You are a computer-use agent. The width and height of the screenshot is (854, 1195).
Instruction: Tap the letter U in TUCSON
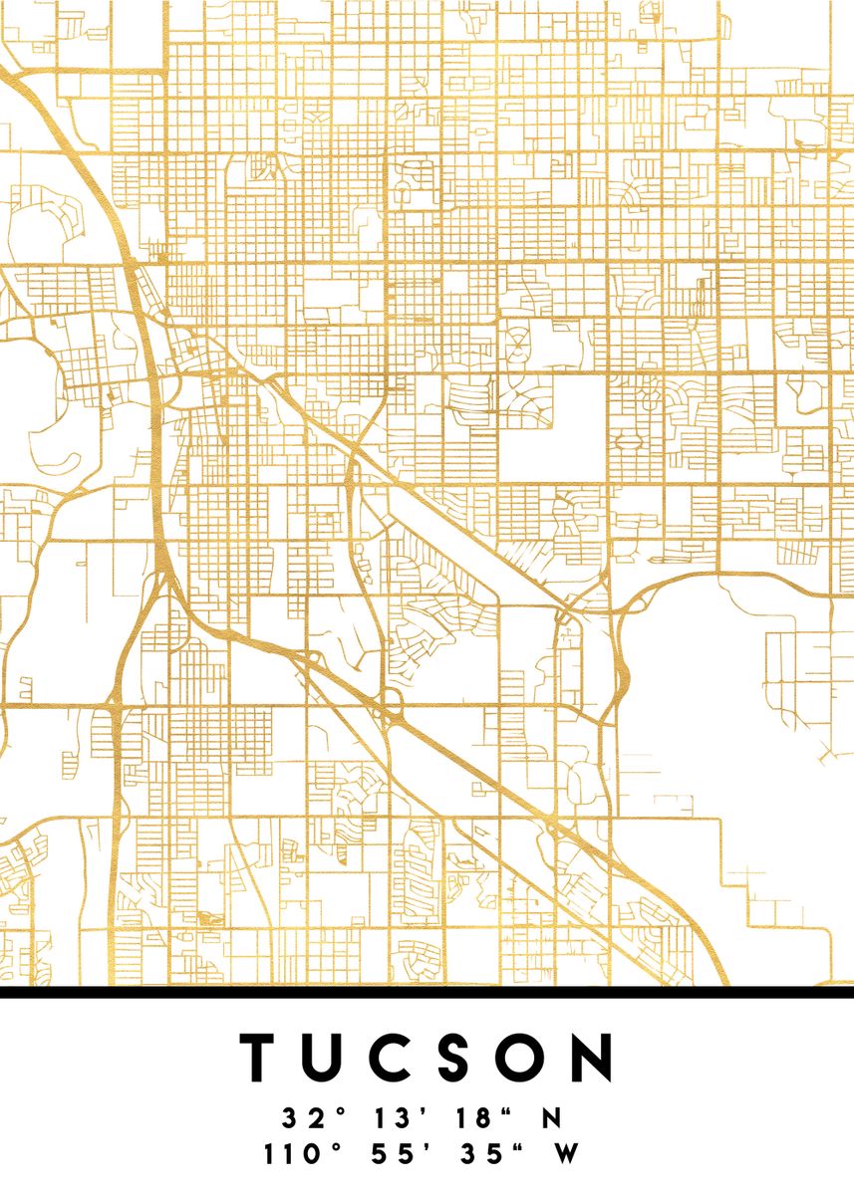(x=331, y=1058)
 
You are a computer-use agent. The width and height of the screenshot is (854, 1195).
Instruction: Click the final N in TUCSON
(x=595, y=1058)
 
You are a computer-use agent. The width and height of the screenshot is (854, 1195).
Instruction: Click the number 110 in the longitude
(x=289, y=1155)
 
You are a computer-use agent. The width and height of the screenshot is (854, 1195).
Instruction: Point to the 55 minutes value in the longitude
(x=389, y=1155)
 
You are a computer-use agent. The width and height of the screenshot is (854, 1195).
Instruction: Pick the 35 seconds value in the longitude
(x=474, y=1155)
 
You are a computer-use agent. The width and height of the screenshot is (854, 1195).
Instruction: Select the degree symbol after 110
(x=335, y=1147)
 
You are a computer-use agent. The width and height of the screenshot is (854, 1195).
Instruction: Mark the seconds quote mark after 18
(x=509, y=1110)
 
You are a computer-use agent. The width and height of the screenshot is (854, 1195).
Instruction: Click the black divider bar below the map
(x=427, y=991)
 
